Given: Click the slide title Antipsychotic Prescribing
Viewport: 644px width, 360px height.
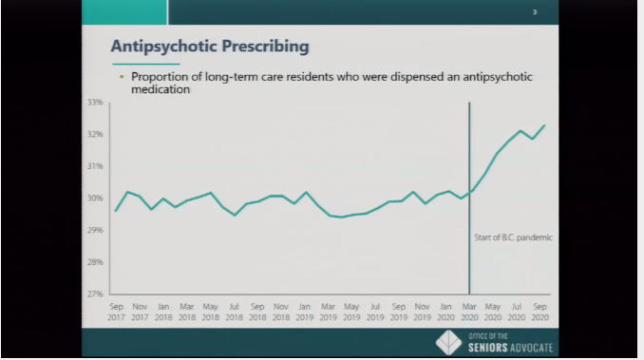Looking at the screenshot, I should point(210,47).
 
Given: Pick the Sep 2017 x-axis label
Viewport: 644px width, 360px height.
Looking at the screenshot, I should point(116,311).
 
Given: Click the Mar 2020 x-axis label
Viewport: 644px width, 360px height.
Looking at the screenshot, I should point(469,311).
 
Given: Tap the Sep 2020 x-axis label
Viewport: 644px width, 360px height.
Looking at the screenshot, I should point(540,311).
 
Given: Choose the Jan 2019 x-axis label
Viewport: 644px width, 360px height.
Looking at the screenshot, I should point(305,311).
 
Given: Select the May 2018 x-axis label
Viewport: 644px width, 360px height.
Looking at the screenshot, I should point(210,311).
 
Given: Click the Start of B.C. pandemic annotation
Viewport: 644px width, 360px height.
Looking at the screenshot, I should point(513,237).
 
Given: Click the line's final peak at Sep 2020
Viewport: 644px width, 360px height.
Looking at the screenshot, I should point(544,125).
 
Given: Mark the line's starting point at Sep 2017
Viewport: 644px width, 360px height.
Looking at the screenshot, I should point(115,211).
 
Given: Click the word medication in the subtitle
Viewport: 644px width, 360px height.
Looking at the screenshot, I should point(161,90).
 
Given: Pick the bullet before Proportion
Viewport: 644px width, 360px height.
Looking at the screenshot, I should point(122,77).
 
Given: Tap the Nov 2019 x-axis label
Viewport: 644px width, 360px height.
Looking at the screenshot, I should point(423,311).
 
